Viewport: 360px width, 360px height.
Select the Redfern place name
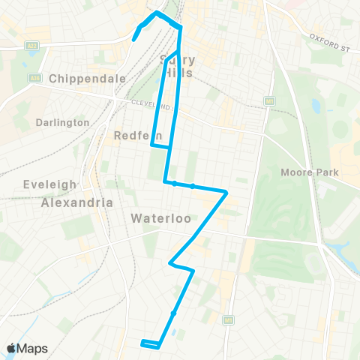tap(133, 136)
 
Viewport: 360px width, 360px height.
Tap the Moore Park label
tap(310, 172)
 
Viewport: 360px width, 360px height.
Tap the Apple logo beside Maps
tap(11, 348)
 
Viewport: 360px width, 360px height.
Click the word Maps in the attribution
tap(32, 348)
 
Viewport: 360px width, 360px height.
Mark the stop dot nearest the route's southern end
tap(173, 313)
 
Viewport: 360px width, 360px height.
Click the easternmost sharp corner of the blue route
tap(226, 193)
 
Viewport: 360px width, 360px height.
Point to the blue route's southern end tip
tap(142, 342)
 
